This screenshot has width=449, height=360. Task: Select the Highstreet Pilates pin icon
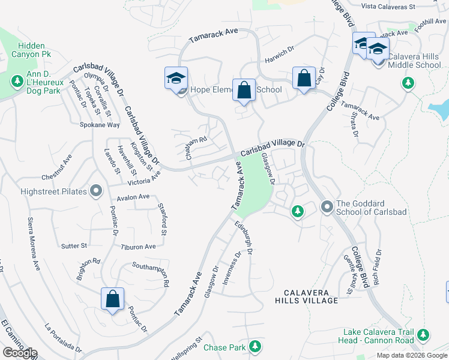(x=96, y=191)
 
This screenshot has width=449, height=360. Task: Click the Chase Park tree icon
(x=255, y=346)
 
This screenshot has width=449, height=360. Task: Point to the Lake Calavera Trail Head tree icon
(x=424, y=334)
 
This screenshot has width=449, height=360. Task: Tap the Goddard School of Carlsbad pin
(x=327, y=207)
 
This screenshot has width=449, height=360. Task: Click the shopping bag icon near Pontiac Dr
(x=112, y=299)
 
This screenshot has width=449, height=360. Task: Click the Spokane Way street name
(x=100, y=125)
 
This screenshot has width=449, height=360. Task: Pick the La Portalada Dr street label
(x=63, y=338)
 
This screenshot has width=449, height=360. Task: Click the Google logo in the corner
(x=19, y=353)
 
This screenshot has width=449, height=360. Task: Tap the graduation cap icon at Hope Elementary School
(x=176, y=79)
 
